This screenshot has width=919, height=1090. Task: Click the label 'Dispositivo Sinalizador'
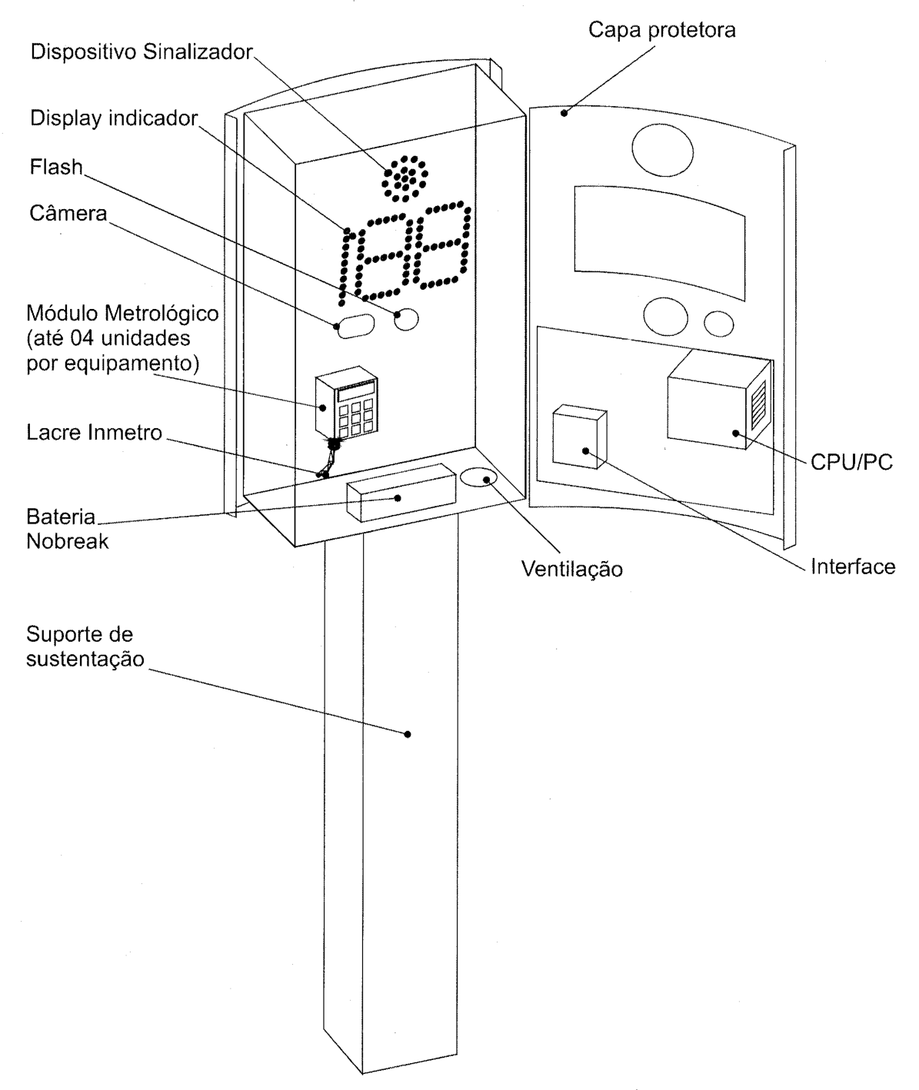142,52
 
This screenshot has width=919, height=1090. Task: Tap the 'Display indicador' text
114,118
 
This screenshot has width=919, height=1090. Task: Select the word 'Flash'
56,167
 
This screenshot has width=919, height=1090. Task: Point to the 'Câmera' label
68,213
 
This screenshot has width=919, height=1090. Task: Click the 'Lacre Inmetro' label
94,433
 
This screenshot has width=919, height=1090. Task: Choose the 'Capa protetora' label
662,30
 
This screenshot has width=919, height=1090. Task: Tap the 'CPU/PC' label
851,463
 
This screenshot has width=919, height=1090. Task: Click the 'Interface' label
853,567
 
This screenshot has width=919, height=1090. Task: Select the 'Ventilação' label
572,569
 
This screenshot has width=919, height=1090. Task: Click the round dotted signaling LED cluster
405,178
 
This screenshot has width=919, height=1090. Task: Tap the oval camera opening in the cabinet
356,326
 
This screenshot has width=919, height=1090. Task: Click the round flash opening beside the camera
406,319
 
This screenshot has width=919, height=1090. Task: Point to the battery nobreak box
401,493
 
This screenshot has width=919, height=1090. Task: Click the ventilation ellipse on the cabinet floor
478,477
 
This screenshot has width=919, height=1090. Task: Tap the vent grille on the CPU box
758,403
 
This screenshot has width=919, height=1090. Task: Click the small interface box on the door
580,437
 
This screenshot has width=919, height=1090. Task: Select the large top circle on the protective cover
662,151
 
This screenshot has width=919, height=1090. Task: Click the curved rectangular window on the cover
660,241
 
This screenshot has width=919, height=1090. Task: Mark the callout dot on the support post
408,734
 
